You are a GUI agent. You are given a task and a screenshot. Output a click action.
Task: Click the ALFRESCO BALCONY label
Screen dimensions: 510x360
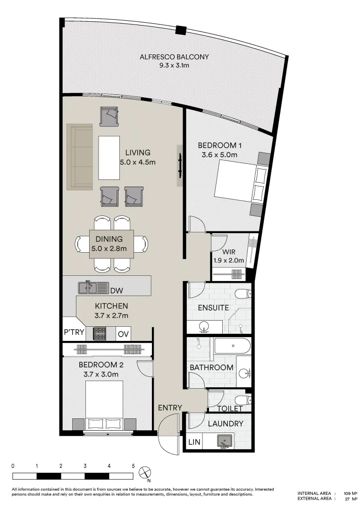point(174,57)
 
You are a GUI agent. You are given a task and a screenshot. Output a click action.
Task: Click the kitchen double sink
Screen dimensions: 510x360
point(87,287)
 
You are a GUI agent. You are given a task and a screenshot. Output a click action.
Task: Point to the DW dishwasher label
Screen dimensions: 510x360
point(116,290)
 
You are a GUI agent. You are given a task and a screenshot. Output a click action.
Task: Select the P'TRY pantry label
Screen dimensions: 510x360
point(74,332)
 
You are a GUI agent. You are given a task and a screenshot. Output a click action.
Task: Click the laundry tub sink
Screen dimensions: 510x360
point(226,441)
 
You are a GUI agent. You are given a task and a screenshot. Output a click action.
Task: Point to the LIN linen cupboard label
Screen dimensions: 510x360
point(194,442)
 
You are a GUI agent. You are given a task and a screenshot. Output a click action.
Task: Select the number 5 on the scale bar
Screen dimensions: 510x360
point(134,466)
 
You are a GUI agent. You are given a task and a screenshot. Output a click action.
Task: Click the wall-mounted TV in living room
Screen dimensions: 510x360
point(180,166)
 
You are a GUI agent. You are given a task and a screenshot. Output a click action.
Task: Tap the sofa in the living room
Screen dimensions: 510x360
point(79,157)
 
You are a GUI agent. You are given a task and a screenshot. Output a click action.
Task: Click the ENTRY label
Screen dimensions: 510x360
point(170,408)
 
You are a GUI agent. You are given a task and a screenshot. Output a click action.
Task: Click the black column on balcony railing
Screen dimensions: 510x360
point(180,30)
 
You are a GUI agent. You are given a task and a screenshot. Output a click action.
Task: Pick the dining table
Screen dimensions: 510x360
point(111,244)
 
